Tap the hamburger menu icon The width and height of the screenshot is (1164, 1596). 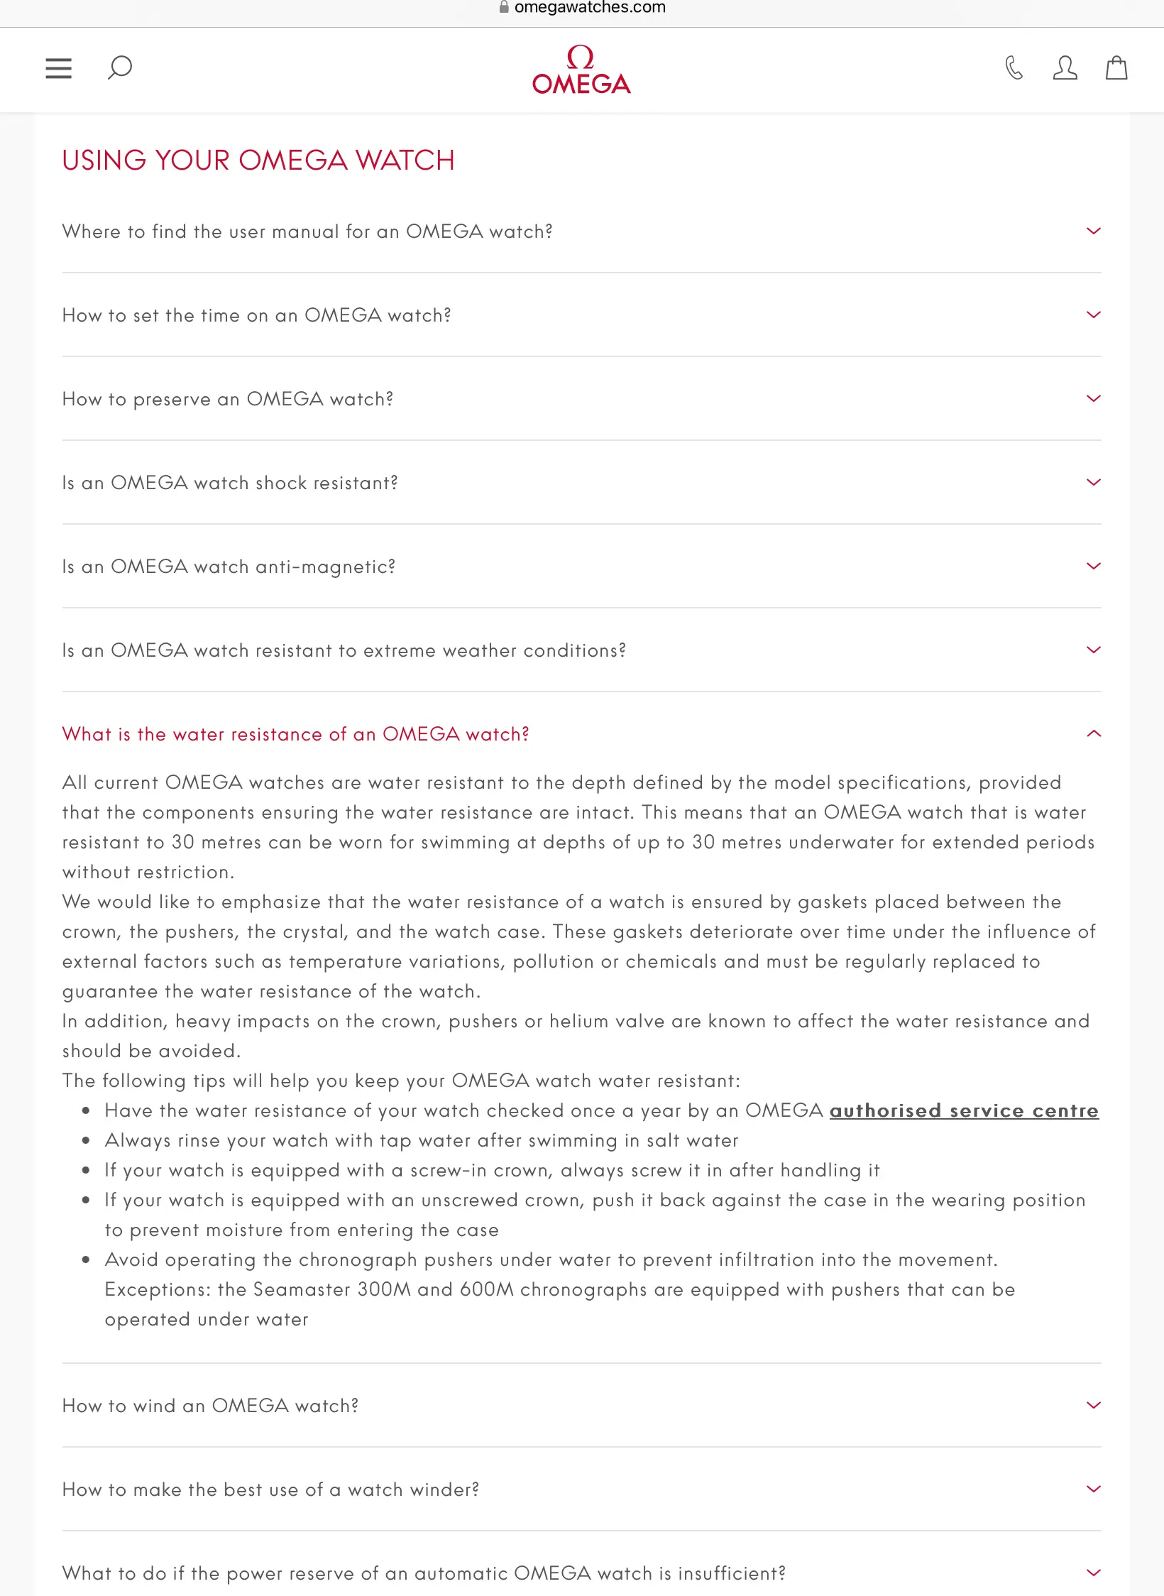point(58,68)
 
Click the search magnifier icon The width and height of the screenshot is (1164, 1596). point(119,67)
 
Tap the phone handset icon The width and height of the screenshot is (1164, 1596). point(1014,68)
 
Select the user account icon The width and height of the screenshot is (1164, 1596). point(1065,68)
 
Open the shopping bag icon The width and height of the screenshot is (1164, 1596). point(1116,68)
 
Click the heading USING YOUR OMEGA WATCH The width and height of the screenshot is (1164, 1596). point(258,160)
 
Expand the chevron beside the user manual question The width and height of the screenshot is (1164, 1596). point(1094,231)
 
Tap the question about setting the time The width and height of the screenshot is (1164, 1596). point(257,315)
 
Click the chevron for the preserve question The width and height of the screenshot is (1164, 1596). point(1094,399)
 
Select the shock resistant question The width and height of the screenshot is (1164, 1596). point(230,483)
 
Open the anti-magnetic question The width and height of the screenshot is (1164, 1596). point(229,567)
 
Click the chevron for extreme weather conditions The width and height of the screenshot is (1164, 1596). point(1094,650)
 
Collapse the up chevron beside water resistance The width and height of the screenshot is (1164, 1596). point(1094,734)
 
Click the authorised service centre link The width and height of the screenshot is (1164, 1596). point(964,1110)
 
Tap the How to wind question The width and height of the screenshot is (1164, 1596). point(211,1406)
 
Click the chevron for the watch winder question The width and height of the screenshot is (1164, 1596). point(1094,1490)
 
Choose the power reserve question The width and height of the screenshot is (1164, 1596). point(424,1573)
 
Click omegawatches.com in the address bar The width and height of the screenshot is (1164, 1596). point(590,8)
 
